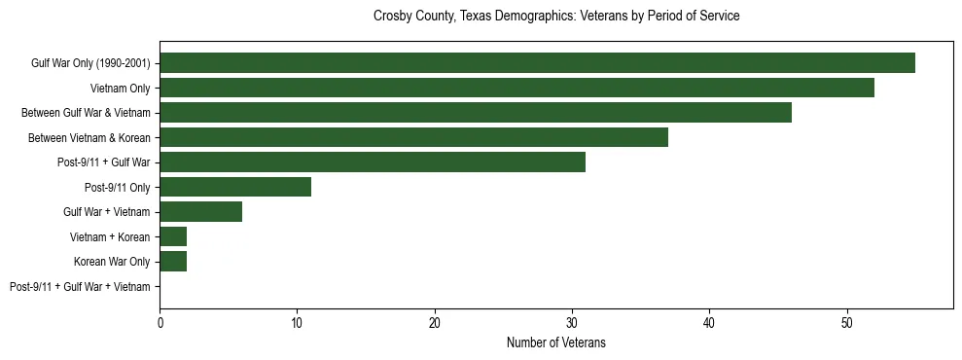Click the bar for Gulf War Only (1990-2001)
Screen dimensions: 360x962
click(x=537, y=63)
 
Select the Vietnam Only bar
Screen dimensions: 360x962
click(x=517, y=88)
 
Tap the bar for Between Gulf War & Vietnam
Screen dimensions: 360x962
click(x=476, y=113)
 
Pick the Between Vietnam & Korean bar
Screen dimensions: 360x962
click(x=413, y=137)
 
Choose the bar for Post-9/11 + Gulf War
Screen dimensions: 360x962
click(x=373, y=162)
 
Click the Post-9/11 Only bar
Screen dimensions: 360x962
click(x=235, y=187)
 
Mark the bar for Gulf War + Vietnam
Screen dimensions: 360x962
click(x=200, y=212)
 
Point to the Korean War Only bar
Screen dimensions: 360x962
click(x=173, y=262)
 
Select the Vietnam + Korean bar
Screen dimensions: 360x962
click(x=173, y=236)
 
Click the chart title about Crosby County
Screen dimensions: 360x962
click(x=556, y=17)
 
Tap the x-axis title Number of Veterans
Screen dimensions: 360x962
click(x=556, y=342)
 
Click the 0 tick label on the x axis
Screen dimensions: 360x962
click(x=160, y=322)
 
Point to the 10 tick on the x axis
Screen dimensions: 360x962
click(x=297, y=322)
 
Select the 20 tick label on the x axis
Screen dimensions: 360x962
click(x=435, y=322)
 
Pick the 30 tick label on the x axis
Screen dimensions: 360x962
click(x=572, y=322)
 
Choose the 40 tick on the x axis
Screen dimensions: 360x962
click(x=709, y=322)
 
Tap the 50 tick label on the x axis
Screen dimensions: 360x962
click(x=847, y=322)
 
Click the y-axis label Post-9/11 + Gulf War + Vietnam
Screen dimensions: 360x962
click(x=80, y=287)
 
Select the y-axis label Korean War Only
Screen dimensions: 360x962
click(x=112, y=262)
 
